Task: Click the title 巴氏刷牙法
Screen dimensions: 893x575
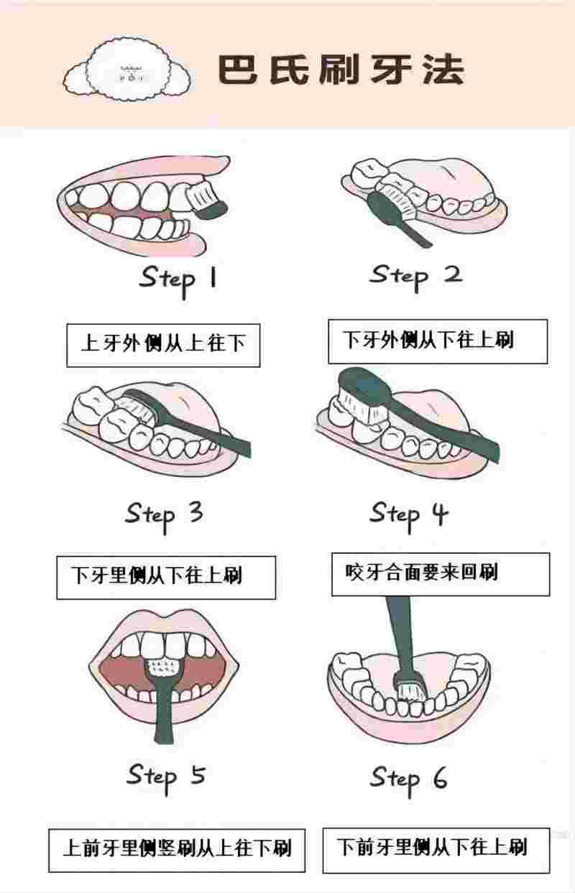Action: [340, 70]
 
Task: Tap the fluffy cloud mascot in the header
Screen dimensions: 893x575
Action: [128, 70]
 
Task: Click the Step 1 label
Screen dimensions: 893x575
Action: [178, 279]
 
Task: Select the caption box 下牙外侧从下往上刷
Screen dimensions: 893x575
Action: [438, 341]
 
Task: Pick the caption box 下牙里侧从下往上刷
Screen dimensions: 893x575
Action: [166, 576]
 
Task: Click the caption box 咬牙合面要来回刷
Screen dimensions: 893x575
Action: [440, 573]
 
